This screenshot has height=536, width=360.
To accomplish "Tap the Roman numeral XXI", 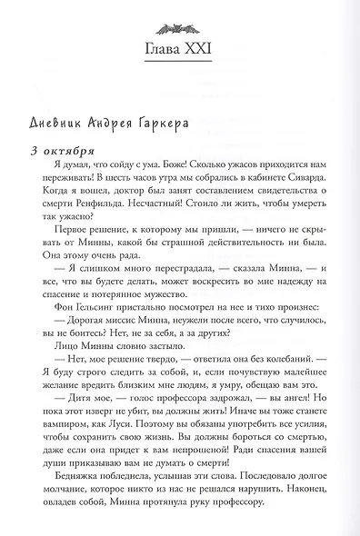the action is (204, 47).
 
